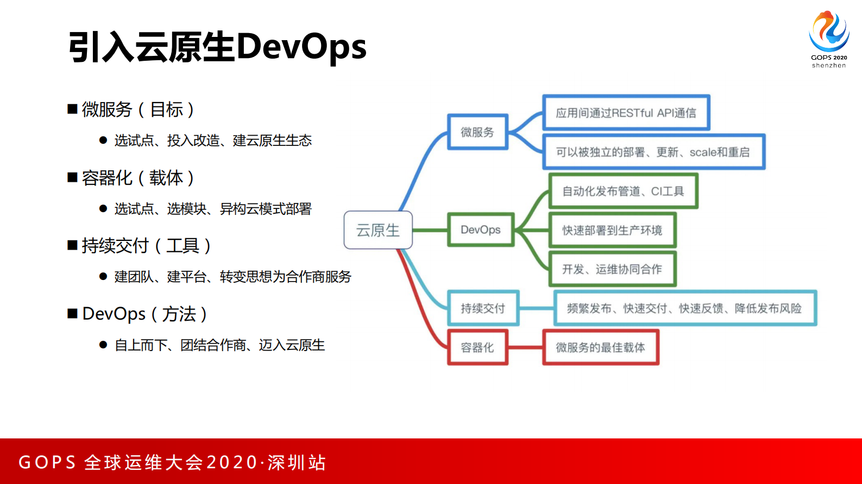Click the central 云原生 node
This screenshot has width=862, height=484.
coord(378,230)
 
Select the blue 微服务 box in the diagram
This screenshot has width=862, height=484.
coord(477,132)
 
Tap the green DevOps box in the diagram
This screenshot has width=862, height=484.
coord(481,230)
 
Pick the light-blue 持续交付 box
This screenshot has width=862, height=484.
coord(483,308)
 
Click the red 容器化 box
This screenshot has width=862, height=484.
coord(477,347)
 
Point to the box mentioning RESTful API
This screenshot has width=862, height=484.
coord(626,113)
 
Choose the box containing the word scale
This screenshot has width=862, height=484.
coord(653,152)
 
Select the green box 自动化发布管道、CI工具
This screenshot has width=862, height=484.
coord(623,191)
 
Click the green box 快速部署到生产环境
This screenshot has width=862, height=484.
coord(612,230)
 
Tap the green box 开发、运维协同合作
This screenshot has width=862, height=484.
coord(612,269)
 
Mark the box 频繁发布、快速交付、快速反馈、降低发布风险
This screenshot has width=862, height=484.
coord(684,308)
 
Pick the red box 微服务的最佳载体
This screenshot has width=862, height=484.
coord(600,347)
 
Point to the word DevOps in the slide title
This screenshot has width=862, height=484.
coord(301,47)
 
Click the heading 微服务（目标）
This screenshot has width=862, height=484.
coord(137,110)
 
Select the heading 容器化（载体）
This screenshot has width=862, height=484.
coord(137,178)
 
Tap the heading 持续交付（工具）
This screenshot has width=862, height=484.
coord(146,246)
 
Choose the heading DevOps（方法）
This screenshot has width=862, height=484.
coord(144,314)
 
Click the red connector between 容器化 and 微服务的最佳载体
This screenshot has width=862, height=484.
coord(525,347)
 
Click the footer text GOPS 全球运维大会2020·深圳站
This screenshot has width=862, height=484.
coord(172,462)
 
